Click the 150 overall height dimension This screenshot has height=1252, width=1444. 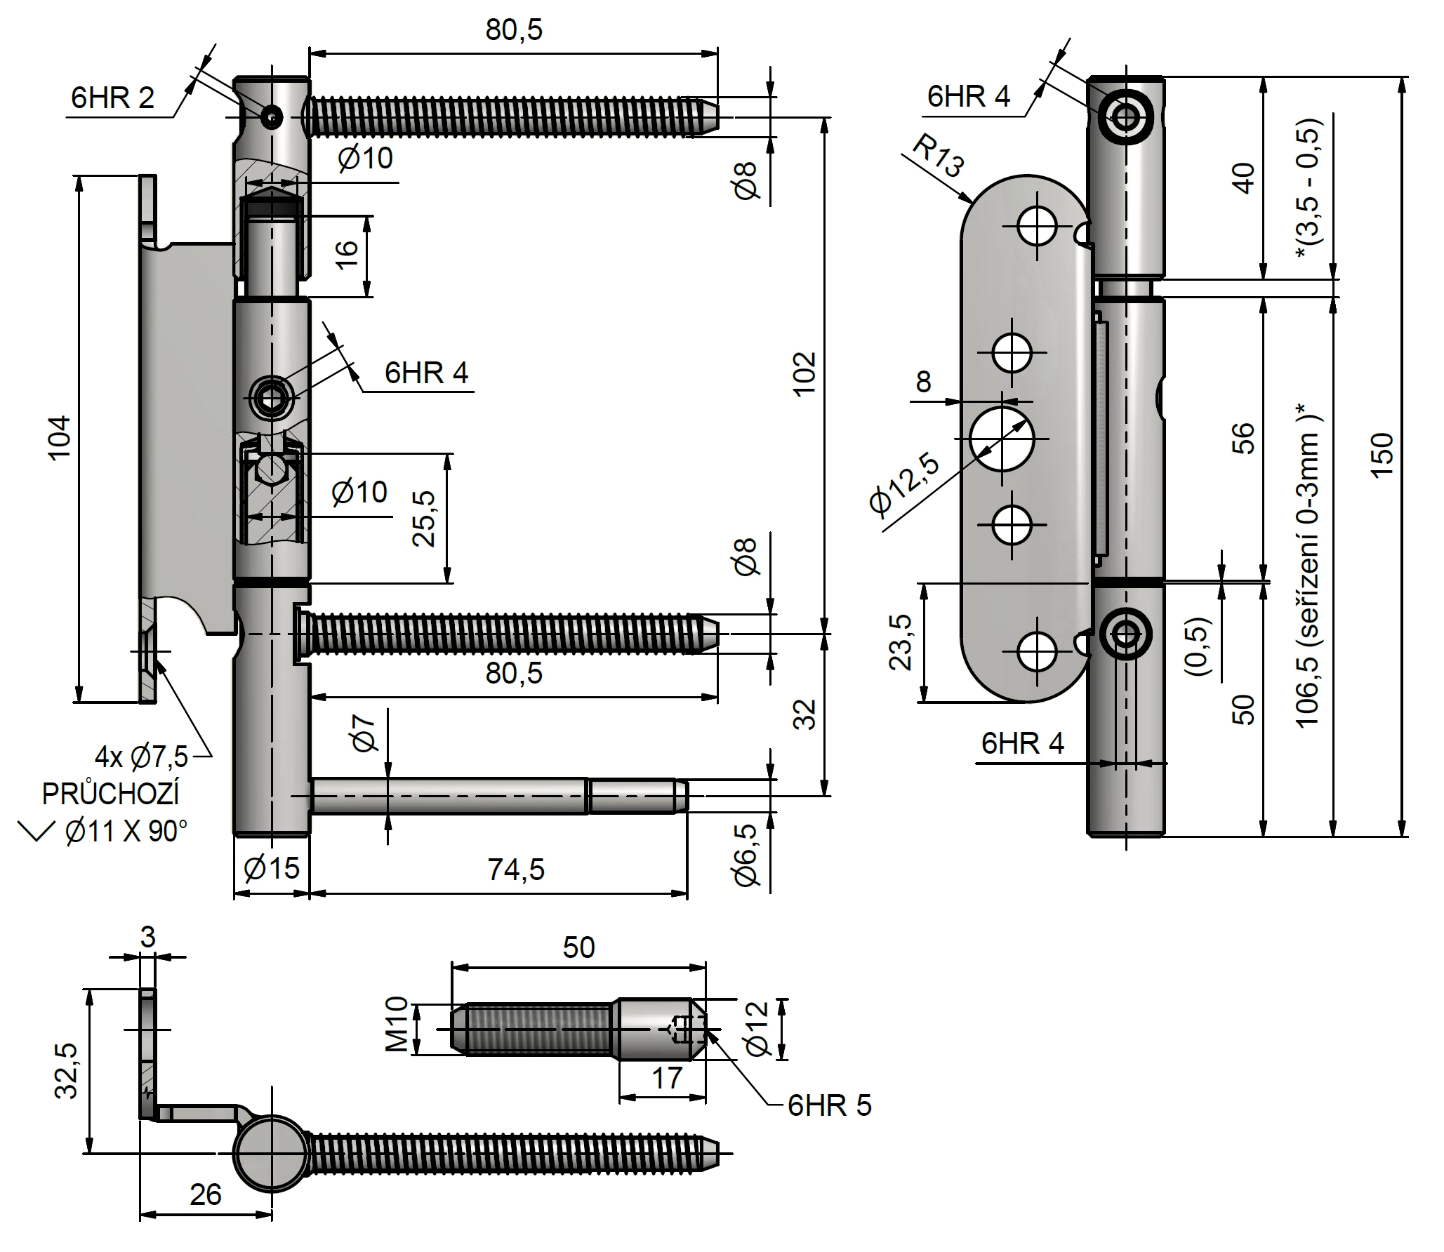pos(1382,455)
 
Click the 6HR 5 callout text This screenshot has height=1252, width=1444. pos(829,1106)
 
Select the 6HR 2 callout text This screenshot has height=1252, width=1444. pos(112,98)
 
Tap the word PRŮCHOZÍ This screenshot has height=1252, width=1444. pos(111,794)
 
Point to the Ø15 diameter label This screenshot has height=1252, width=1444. pos(271,869)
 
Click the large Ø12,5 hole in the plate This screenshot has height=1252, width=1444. pos(1002,438)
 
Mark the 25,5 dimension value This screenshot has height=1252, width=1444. pos(424,519)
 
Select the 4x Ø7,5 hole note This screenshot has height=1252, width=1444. pos(142,757)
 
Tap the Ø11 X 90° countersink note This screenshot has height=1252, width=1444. pos(126,832)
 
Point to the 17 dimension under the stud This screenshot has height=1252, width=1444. pos(666,1078)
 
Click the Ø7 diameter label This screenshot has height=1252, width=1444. pos(366,730)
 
